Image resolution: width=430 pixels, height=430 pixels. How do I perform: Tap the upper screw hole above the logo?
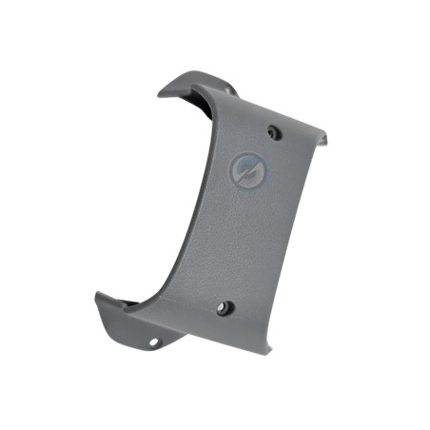tap(274, 132)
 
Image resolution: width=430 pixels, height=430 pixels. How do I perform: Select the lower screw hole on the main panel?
tap(225, 309)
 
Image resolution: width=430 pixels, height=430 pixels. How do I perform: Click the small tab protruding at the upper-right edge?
tap(324, 140)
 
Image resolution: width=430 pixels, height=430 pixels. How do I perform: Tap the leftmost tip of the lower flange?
tap(97, 297)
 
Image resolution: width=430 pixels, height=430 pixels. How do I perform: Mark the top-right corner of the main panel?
tap(319, 128)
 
